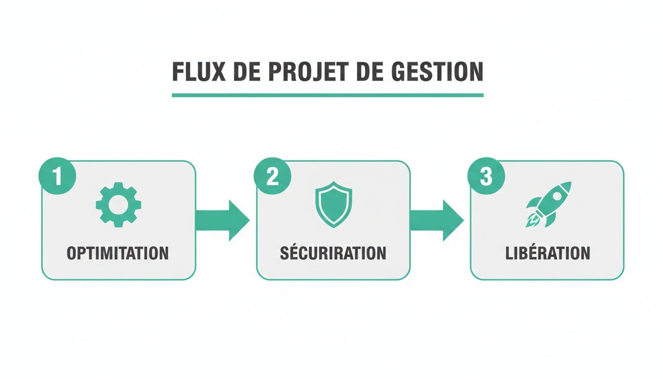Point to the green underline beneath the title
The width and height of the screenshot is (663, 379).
pyautogui.click(x=328, y=95)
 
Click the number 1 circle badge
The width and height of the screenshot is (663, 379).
pyautogui.click(x=57, y=177)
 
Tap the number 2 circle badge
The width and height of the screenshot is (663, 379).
pyautogui.click(x=272, y=177)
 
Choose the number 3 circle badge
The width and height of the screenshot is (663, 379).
pyautogui.click(x=486, y=177)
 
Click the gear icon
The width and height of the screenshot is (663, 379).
pyautogui.click(x=118, y=204)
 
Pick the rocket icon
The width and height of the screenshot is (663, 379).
pyautogui.click(x=549, y=204)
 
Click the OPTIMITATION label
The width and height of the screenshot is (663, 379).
pyautogui.click(x=118, y=253)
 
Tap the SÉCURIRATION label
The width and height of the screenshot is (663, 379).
pyautogui.click(x=333, y=253)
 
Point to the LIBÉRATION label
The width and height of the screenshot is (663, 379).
pyautogui.click(x=548, y=253)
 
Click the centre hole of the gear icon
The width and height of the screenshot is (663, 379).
pyautogui.click(x=118, y=204)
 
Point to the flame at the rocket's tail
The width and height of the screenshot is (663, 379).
pyautogui.click(x=531, y=222)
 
